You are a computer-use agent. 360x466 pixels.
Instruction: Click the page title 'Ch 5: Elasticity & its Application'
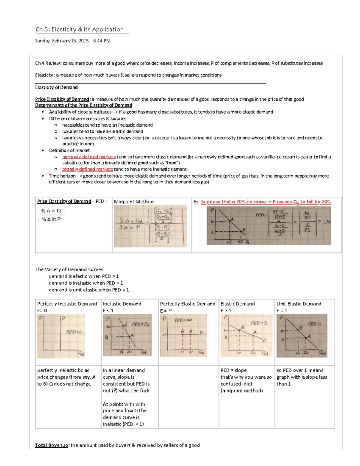(79, 29)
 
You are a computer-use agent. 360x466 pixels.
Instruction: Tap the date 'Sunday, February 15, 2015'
(62, 41)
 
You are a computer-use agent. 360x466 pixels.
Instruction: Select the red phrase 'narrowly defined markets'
(89, 157)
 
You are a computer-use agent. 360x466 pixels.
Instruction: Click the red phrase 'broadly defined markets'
(87, 169)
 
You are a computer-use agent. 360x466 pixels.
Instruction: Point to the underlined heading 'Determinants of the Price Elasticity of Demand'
(84, 105)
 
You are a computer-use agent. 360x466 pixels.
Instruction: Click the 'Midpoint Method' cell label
(133, 202)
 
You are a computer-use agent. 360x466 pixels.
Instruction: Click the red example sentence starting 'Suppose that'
(266, 202)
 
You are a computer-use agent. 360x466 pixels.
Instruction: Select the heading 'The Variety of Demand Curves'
(69, 269)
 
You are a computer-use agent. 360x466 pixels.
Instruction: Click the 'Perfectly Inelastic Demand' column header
(67, 304)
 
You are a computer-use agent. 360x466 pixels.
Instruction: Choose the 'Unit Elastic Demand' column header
(299, 304)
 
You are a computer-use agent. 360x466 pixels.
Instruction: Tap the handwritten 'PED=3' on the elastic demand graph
(259, 323)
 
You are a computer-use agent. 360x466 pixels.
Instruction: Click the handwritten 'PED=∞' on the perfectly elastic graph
(183, 320)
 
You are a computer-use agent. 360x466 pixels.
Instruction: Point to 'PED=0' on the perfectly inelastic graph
(74, 332)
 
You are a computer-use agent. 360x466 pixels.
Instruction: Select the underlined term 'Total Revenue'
(52, 445)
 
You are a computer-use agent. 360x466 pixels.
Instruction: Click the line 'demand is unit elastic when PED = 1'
(89, 290)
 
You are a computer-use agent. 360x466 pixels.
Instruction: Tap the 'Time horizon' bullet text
(62, 176)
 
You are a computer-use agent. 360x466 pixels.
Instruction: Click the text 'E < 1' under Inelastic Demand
(108, 311)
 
